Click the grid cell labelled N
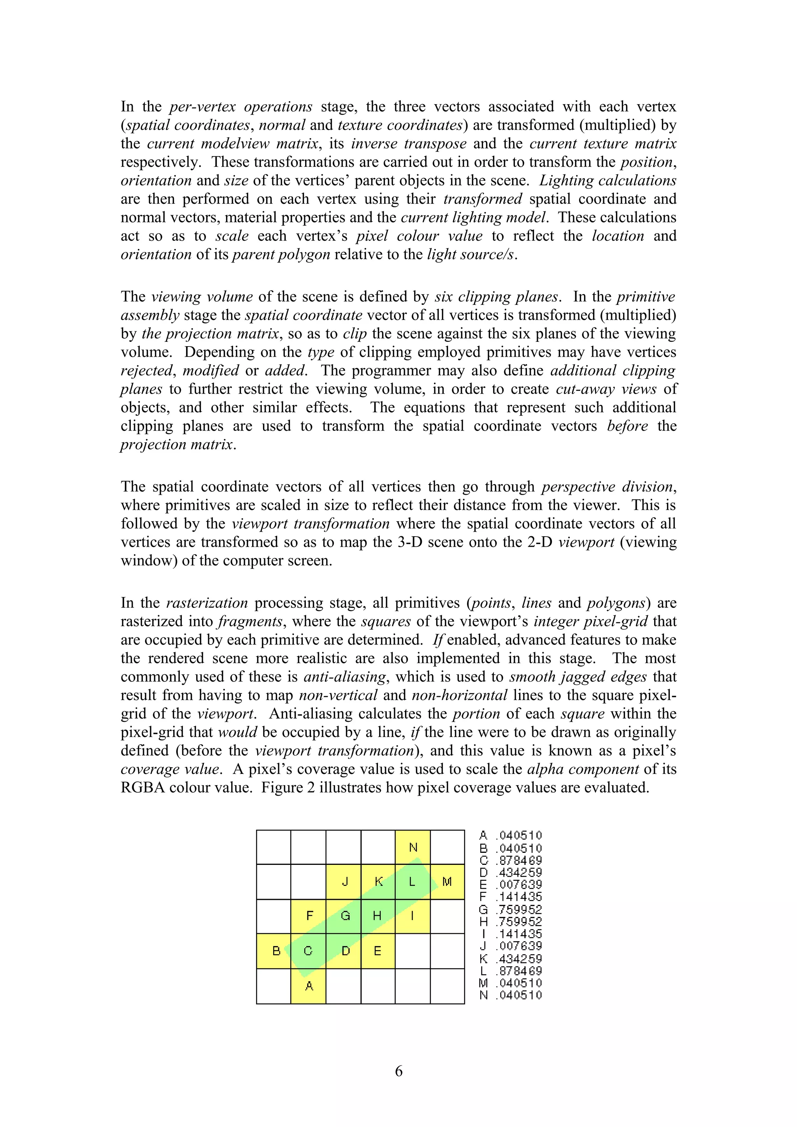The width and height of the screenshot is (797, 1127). [x=413, y=847]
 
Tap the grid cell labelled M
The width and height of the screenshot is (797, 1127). [x=447, y=882]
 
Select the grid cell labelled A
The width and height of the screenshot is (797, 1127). [x=308, y=986]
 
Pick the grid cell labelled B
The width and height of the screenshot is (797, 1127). [x=274, y=951]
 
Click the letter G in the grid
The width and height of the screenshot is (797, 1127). [x=345, y=916]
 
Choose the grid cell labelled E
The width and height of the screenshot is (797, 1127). [x=377, y=951]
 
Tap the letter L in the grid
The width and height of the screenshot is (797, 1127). [x=412, y=882]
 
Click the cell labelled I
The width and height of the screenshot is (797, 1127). [x=413, y=916]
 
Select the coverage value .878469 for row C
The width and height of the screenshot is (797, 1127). [x=520, y=861]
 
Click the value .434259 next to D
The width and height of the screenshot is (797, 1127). [x=520, y=873]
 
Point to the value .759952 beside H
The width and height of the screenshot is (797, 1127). [x=520, y=922]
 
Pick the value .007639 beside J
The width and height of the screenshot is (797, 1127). [x=520, y=946]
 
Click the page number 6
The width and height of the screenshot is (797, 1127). [x=398, y=1071]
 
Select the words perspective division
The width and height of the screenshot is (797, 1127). [x=607, y=487]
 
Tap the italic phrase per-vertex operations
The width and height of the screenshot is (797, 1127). [x=241, y=107]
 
